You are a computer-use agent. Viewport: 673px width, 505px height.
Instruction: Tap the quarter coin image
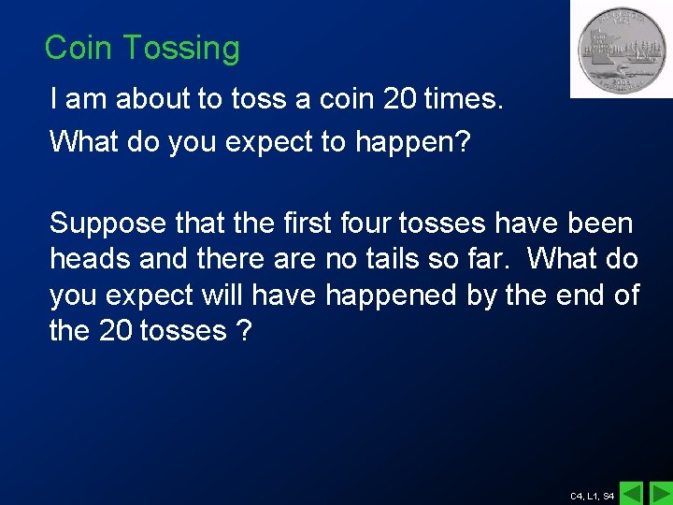622,49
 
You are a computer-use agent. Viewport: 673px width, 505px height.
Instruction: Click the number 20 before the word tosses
116,330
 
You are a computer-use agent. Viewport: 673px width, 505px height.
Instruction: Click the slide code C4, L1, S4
592,496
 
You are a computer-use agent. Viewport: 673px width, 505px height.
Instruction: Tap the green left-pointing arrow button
633,493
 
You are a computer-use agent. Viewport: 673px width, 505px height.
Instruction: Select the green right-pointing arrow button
660,493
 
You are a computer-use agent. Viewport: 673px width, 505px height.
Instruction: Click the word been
600,224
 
